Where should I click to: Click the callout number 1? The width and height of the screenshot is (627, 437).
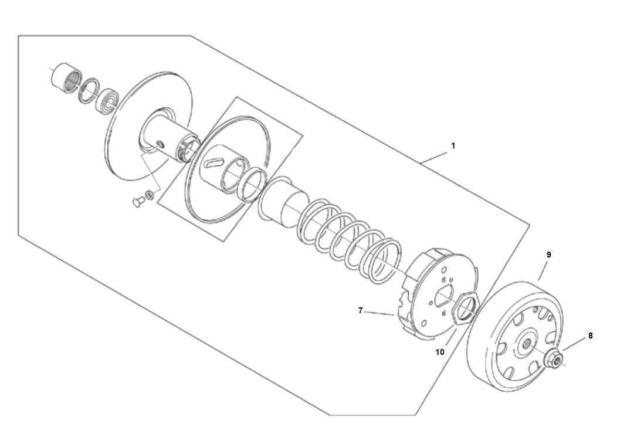click(x=453, y=146)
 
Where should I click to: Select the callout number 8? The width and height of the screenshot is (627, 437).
click(x=590, y=336)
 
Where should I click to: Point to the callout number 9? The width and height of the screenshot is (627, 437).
click(x=548, y=255)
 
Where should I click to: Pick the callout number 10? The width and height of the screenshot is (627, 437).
click(x=439, y=352)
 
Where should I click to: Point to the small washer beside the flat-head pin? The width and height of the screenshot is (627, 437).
click(x=150, y=195)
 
